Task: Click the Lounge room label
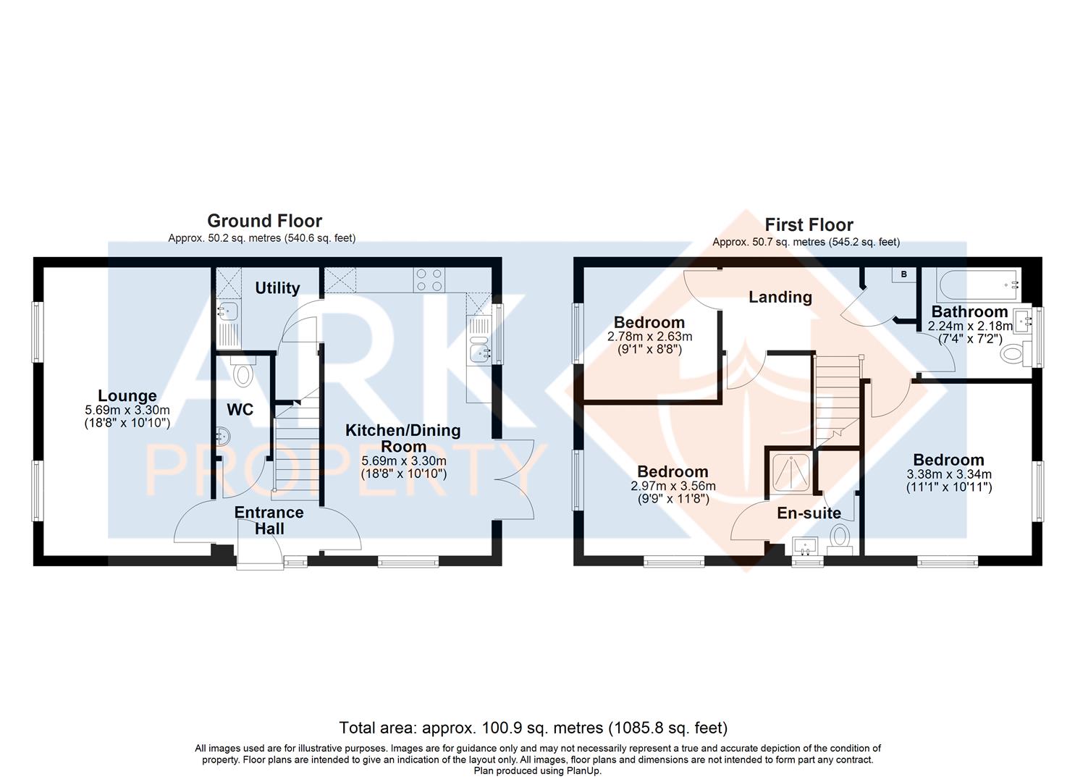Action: [x=127, y=395]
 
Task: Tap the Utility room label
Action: [x=277, y=288]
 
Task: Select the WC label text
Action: [x=240, y=410]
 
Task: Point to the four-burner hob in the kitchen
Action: [x=429, y=280]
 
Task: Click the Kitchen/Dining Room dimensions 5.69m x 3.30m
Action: [x=404, y=461]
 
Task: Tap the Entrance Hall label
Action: [x=269, y=521]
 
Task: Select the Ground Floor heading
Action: [x=264, y=221]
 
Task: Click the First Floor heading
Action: [x=809, y=224]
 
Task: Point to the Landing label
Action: [x=780, y=297]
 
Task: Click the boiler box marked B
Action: [x=904, y=274]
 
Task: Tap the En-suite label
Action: [x=809, y=513]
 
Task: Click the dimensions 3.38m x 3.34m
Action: [x=949, y=474]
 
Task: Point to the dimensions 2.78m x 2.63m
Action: [x=650, y=337]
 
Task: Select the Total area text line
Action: [x=534, y=728]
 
